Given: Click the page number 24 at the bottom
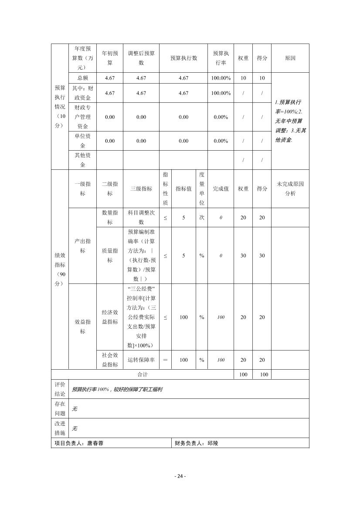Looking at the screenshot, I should (180, 476).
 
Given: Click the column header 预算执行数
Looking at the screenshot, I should (183, 58).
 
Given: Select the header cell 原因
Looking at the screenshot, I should (290, 58).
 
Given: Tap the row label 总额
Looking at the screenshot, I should (82, 78).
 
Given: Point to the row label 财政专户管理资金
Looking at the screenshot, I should (82, 117).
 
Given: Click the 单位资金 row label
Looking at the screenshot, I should (82, 141).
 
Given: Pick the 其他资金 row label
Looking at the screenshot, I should (82, 160).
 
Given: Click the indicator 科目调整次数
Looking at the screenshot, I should (141, 217).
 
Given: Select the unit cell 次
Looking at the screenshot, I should (202, 217).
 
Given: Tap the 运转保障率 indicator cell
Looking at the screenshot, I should (141, 360).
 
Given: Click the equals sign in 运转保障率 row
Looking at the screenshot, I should (165, 360).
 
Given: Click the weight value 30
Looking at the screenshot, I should (243, 256).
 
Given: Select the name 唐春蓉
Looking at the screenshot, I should (95, 443).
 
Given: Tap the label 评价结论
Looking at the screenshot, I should (60, 389).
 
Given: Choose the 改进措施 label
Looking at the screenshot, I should (60, 428).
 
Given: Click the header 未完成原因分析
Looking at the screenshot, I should (290, 189).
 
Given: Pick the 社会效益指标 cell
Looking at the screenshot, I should (110, 360).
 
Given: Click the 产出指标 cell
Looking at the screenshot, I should (82, 246).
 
